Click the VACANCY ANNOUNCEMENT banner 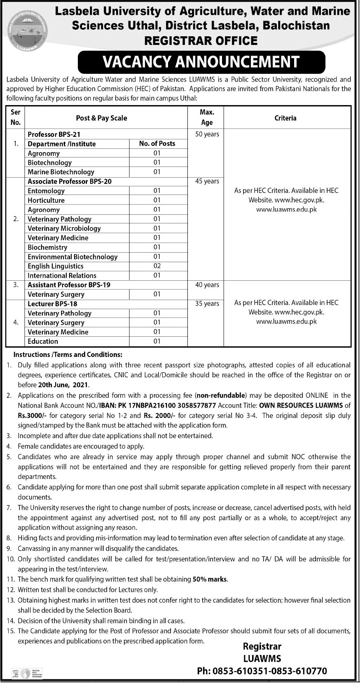[x=201, y=62]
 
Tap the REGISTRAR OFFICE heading [x=201, y=41]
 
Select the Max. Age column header [x=207, y=117]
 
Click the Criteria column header [x=285, y=118]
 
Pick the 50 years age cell [x=207, y=134]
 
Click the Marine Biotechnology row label [x=61, y=172]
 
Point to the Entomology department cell [x=46, y=191]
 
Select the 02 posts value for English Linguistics [x=157, y=266]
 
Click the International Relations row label [x=62, y=275]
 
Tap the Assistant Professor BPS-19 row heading [x=69, y=285]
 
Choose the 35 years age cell [x=207, y=304]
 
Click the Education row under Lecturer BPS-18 [x=43, y=341]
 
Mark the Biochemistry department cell [x=47, y=247]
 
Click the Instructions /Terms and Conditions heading [x=68, y=354]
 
